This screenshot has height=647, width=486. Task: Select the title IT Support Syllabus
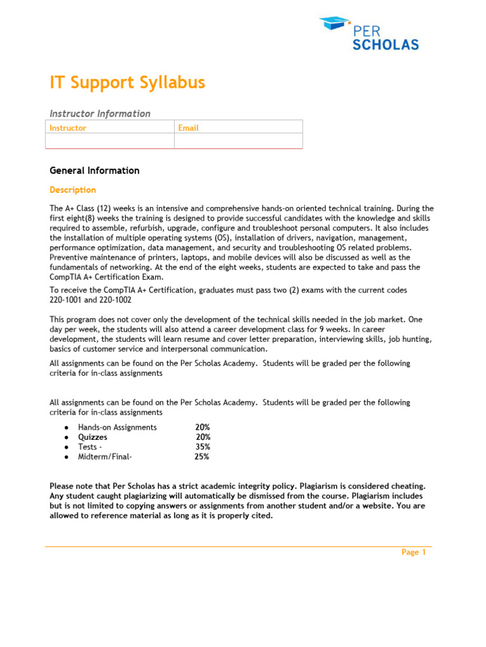(127, 83)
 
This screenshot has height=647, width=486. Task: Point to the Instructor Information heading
(100, 114)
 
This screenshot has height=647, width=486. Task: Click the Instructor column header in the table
(68, 128)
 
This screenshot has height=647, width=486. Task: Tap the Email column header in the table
(188, 128)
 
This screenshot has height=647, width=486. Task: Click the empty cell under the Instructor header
(110, 141)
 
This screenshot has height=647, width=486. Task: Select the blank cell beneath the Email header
(239, 141)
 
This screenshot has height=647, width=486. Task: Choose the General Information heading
(94, 171)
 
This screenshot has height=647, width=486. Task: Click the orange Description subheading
(73, 190)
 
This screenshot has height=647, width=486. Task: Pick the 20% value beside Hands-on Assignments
(202, 428)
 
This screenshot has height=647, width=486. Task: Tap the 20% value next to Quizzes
(203, 437)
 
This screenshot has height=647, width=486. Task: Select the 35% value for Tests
(202, 447)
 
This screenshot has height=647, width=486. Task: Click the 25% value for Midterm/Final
(202, 457)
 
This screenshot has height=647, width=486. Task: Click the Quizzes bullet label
(92, 437)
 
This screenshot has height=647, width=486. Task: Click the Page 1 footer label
(414, 552)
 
